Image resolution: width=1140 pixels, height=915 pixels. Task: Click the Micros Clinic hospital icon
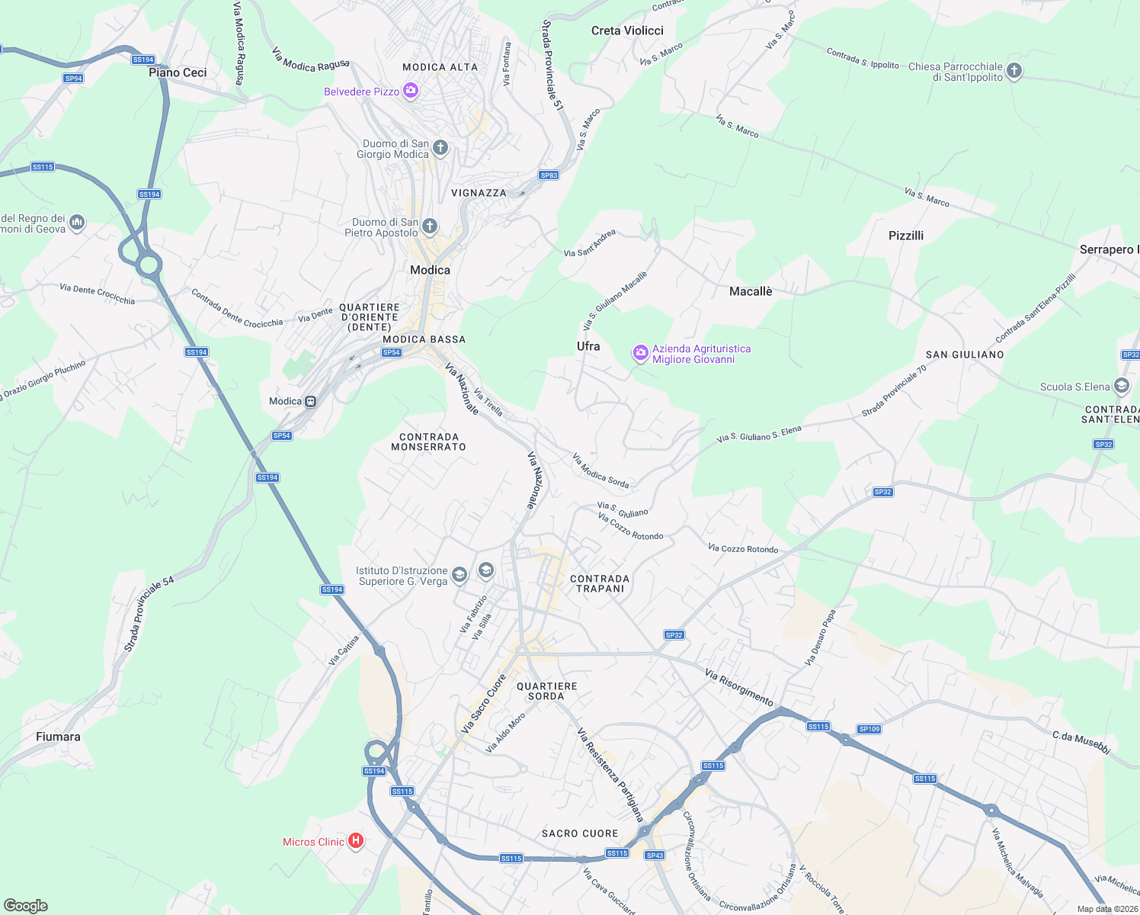[355, 841]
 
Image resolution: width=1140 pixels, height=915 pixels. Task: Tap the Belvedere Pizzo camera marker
[411, 91]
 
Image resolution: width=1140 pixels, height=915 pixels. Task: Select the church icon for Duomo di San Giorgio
[440, 147]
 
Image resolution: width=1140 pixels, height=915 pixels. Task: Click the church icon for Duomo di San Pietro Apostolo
[430, 226]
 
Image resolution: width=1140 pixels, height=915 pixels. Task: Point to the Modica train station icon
[310, 401]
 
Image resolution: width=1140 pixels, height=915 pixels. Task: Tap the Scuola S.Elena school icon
[1121, 386]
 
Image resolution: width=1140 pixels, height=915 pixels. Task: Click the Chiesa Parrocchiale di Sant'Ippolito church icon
[1014, 71]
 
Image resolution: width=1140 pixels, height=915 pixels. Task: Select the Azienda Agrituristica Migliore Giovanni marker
[641, 352]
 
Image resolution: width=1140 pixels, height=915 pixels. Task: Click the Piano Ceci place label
[178, 72]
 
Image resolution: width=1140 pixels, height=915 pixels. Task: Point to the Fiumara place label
[58, 737]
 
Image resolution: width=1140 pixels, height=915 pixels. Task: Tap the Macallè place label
[751, 291]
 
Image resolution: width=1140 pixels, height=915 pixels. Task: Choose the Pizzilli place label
[906, 236]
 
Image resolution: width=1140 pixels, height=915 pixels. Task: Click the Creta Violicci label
[627, 30]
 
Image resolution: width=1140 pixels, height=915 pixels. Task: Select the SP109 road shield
[869, 729]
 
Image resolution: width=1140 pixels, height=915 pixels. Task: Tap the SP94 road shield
[73, 79]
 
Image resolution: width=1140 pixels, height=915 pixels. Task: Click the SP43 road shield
[655, 855]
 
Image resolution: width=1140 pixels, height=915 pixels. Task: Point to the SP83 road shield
[549, 175]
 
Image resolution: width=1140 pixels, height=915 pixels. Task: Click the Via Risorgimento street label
[738, 687]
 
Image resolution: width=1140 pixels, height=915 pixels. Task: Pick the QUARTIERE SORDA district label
[546, 691]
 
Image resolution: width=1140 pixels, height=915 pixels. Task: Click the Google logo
[25, 905]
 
